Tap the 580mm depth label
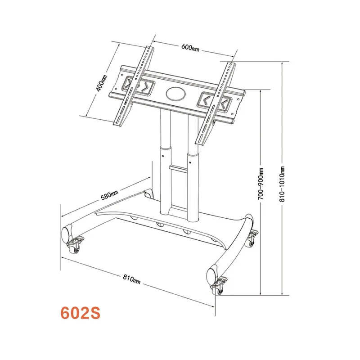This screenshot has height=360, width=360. [109, 195]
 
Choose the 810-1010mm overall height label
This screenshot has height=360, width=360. [283, 185]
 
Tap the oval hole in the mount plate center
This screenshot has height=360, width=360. [176, 93]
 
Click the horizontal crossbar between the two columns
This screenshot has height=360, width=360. [179, 168]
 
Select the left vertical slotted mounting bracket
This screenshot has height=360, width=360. [133, 85]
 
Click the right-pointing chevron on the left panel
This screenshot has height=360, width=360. [145, 87]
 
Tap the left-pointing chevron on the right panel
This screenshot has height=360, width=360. [205, 99]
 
